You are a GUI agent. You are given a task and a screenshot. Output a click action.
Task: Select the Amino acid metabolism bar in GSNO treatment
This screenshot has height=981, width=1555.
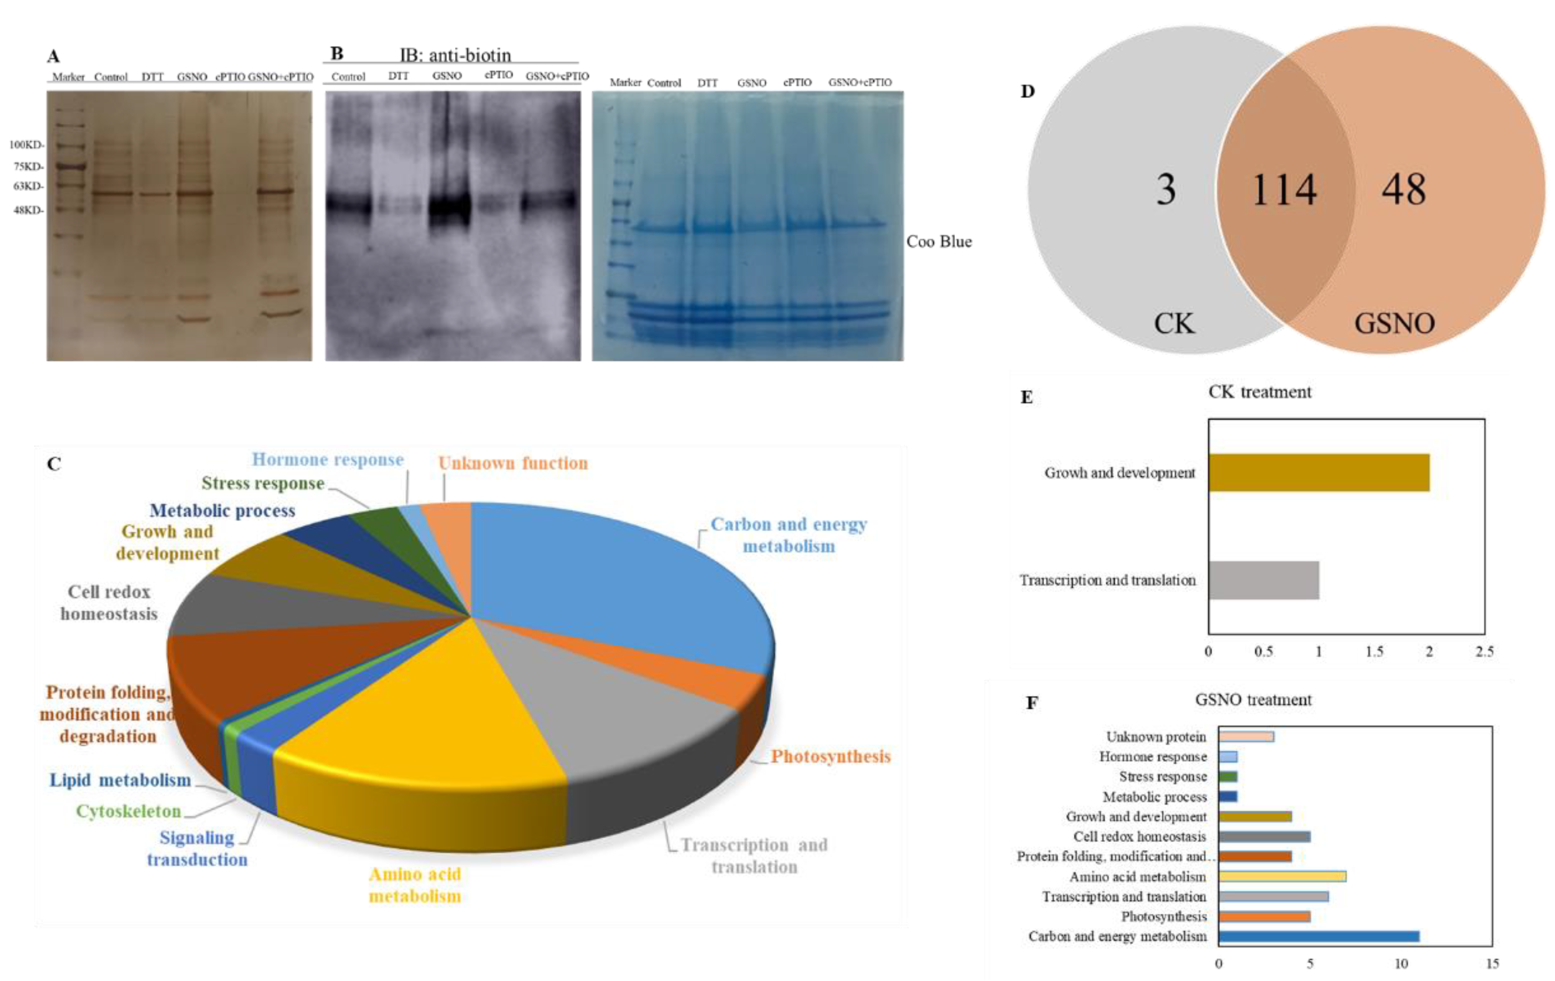pyautogui.click(x=1282, y=876)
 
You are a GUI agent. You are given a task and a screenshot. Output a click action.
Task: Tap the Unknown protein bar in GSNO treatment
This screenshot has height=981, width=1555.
pyautogui.click(x=1246, y=736)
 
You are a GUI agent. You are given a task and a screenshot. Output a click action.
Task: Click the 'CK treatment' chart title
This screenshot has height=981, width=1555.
pyautogui.click(x=1259, y=392)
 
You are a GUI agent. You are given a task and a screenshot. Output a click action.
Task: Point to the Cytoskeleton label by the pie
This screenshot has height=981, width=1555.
pyautogui.click(x=128, y=811)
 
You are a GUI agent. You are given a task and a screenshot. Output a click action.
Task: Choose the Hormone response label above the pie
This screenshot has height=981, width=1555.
pyautogui.click(x=327, y=460)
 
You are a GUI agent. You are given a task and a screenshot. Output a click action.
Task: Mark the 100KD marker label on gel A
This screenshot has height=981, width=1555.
pyautogui.click(x=26, y=145)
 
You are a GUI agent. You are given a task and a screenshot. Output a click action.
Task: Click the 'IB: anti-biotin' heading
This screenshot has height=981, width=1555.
pyautogui.click(x=455, y=55)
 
